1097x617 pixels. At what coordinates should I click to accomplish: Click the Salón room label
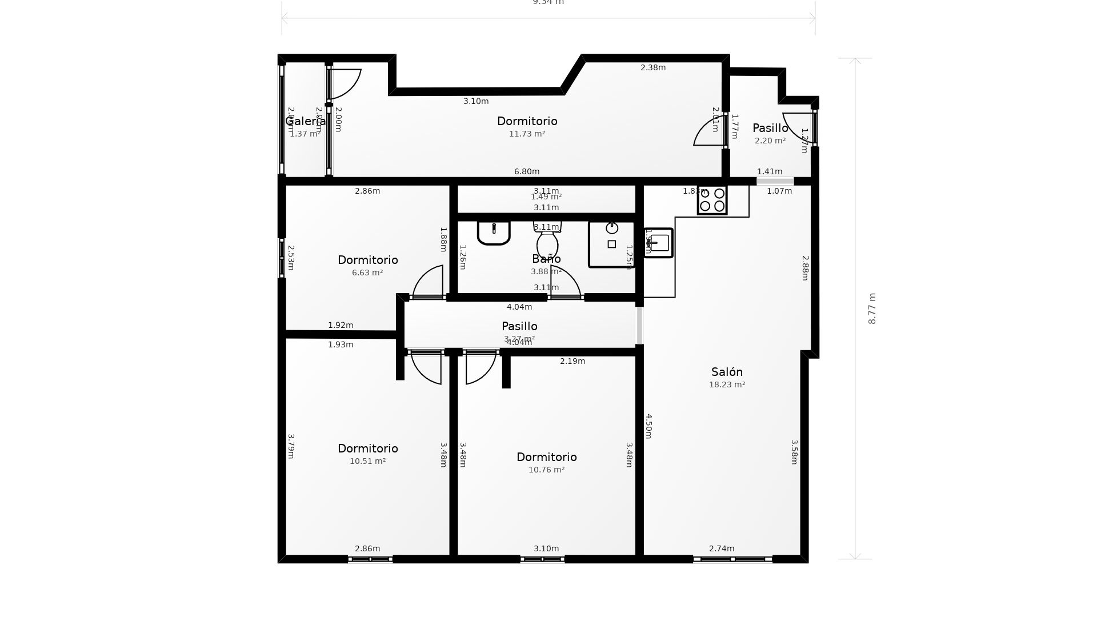(x=727, y=372)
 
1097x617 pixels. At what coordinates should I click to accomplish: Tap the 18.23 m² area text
(x=727, y=385)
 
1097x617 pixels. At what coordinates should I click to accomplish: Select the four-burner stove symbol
(x=712, y=200)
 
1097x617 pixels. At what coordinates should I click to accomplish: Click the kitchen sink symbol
(x=659, y=243)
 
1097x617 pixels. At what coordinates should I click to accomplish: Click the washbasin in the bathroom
(x=494, y=233)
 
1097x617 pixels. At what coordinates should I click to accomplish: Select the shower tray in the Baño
(x=611, y=245)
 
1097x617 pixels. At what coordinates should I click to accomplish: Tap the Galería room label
(x=305, y=121)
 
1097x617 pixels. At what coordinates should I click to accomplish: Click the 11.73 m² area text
(x=527, y=134)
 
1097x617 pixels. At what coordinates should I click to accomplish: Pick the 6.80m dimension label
(x=527, y=171)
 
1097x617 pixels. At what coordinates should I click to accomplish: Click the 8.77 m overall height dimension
(x=872, y=308)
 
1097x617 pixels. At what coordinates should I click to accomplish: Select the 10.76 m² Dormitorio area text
(x=546, y=470)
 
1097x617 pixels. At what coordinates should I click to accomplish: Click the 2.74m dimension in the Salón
(x=722, y=548)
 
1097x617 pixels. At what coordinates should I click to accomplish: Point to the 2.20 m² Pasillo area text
(x=770, y=141)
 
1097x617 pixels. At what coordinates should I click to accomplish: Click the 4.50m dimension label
(x=648, y=426)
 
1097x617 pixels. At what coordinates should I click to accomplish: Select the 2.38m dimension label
(x=653, y=67)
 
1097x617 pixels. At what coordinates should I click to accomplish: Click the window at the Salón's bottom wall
(x=732, y=559)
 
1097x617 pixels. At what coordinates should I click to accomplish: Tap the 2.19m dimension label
(x=572, y=361)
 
